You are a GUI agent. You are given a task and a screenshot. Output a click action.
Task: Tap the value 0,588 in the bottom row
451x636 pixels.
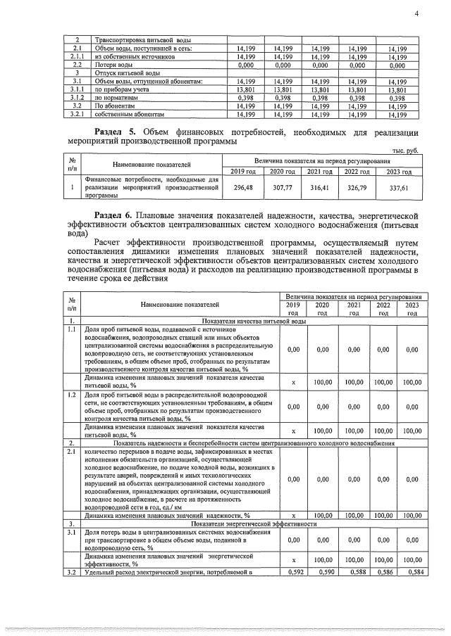click(x=354, y=573)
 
